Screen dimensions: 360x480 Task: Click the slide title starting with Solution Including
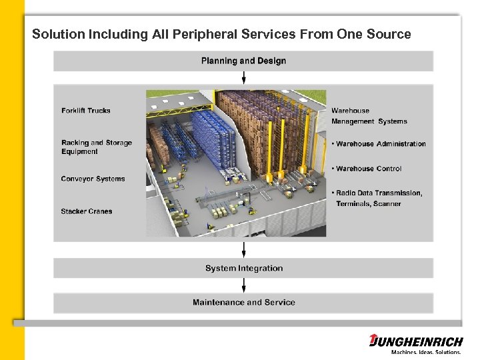221,34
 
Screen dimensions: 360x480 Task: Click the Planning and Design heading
243,61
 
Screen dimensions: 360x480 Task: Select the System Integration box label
243,268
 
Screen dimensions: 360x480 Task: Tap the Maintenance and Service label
243,302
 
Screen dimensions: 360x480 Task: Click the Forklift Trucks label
85,111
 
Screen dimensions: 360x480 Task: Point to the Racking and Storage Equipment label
96,147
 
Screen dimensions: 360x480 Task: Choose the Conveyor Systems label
93,179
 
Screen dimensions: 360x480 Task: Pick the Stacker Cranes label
86,211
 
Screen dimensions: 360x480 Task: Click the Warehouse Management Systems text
369,116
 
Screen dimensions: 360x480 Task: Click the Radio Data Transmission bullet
378,193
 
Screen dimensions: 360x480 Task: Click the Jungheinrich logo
416,341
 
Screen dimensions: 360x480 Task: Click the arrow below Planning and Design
244,77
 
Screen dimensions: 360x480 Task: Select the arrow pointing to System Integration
244,250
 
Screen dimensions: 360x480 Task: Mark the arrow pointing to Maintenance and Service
244,285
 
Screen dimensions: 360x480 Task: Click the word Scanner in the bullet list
387,203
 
